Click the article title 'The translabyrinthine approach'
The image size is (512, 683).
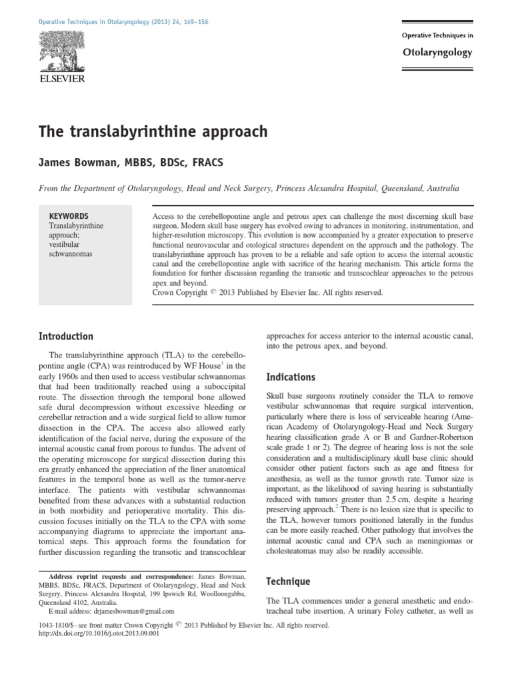pyautogui.click(x=152, y=131)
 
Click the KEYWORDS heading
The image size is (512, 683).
pyautogui.click(x=69, y=216)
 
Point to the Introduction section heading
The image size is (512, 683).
pyautogui.click(x=65, y=336)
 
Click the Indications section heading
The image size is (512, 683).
pyautogui.click(x=291, y=377)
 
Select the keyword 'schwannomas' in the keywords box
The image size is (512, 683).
pyautogui.click(x=71, y=254)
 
